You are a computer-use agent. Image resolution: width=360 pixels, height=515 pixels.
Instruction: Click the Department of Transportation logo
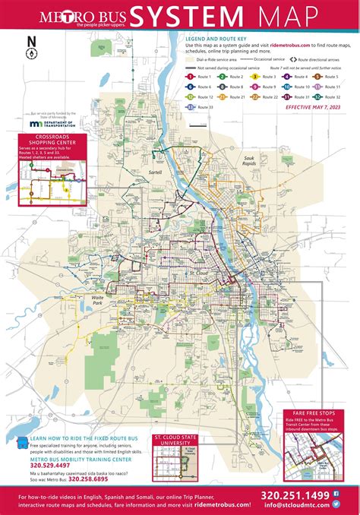[52, 122]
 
